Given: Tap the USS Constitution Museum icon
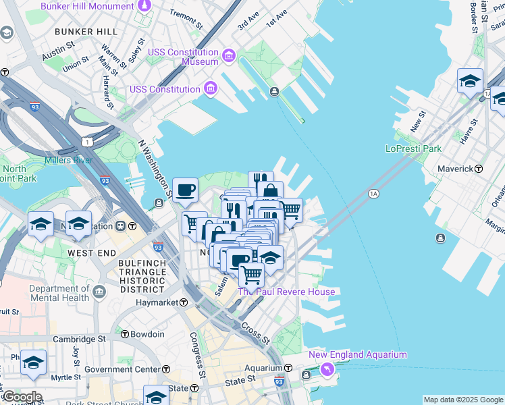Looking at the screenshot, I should click(x=228, y=55).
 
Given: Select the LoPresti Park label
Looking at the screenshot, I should click(x=413, y=148).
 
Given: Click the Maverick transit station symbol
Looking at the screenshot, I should click(x=479, y=169).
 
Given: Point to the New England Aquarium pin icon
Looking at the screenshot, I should click(x=327, y=369).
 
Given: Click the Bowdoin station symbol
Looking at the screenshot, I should click(x=125, y=334).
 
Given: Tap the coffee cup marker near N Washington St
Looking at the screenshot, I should click(x=185, y=190).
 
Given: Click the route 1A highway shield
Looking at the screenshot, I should click(x=373, y=194).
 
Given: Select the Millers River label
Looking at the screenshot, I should click(x=68, y=160).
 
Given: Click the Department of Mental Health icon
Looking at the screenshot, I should click(x=100, y=292).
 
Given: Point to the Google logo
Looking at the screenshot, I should click(x=22, y=397).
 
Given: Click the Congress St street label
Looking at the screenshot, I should click(x=197, y=354).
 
